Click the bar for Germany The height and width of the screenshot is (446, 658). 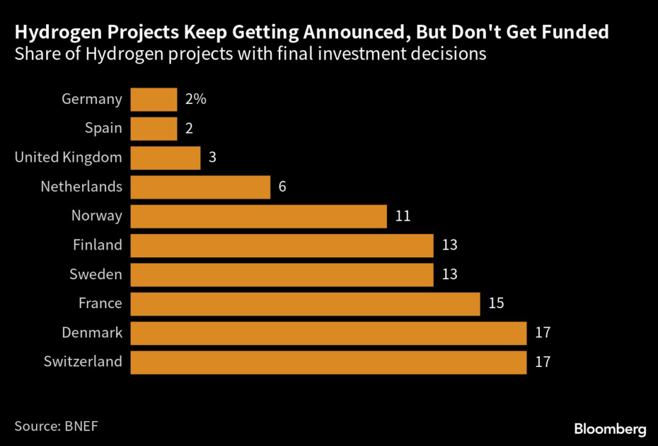tap(154, 99)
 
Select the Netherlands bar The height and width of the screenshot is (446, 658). tap(200, 187)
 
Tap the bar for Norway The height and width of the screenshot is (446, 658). tap(258, 216)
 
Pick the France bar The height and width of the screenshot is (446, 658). tap(305, 304)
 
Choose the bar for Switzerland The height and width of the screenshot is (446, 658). tap(328, 362)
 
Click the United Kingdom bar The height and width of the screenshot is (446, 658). tap(165, 158)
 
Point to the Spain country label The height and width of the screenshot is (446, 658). tap(103, 128)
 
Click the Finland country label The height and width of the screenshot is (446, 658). tap(98, 245)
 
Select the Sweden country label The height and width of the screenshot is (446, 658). tap(96, 275)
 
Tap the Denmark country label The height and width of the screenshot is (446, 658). tap(92, 332)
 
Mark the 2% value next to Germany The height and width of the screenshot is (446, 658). tap(195, 99)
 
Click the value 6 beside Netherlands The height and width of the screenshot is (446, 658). tap(282, 187)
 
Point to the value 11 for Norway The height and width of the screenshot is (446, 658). tap(403, 216)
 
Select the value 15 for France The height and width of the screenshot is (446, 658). tap(496, 304)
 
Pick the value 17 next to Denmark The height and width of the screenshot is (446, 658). tap(543, 332)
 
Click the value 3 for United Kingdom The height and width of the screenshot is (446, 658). tap(213, 158)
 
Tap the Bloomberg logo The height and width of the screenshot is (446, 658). tap(610, 428)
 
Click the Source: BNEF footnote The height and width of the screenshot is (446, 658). tap(57, 425)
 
